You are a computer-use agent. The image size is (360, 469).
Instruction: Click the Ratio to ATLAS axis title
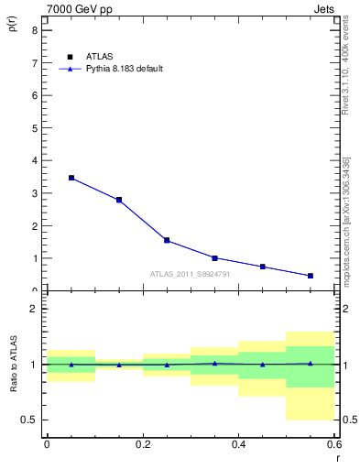pos(12,364)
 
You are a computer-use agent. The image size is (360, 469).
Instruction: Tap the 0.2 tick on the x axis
pos(142,445)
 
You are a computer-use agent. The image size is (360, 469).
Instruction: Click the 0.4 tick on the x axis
pos(238,445)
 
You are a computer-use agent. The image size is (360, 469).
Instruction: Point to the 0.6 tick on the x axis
pos(333,445)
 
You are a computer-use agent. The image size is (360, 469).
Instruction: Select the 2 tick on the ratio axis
pos(34,309)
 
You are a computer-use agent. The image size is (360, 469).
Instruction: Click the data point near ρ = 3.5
pos(71,178)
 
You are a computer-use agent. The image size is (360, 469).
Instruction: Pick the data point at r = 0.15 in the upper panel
pos(119,200)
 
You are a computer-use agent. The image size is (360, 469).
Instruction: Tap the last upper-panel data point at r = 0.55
pos(311,276)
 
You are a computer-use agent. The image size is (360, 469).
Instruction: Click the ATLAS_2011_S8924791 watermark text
pos(190,273)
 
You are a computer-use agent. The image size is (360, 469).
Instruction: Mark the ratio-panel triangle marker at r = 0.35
pos(214,363)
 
